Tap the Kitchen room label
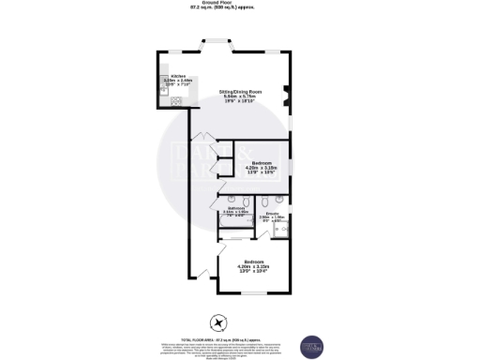coord(177,76)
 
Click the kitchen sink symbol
coord(163,82)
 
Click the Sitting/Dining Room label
coord(239,91)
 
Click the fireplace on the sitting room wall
coord(290,97)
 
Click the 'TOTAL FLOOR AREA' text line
coord(239,337)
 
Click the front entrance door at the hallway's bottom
coord(202,275)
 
